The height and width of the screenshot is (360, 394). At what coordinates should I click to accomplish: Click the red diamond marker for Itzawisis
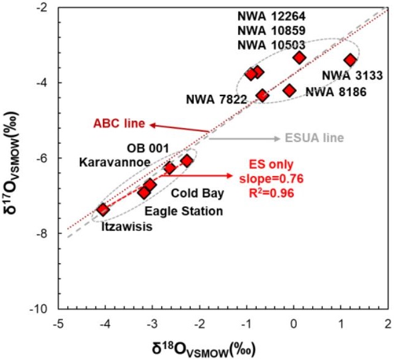(x=103, y=210)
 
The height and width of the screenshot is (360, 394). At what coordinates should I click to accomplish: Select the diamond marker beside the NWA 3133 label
(x=350, y=60)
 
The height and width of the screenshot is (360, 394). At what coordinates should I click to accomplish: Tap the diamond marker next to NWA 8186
(x=289, y=90)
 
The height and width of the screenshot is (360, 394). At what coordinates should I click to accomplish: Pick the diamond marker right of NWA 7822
(x=262, y=95)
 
